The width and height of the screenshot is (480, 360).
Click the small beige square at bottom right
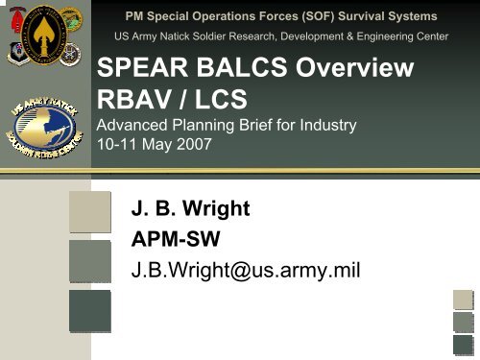pos(464,301)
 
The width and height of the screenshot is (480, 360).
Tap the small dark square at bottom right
pos(464,343)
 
